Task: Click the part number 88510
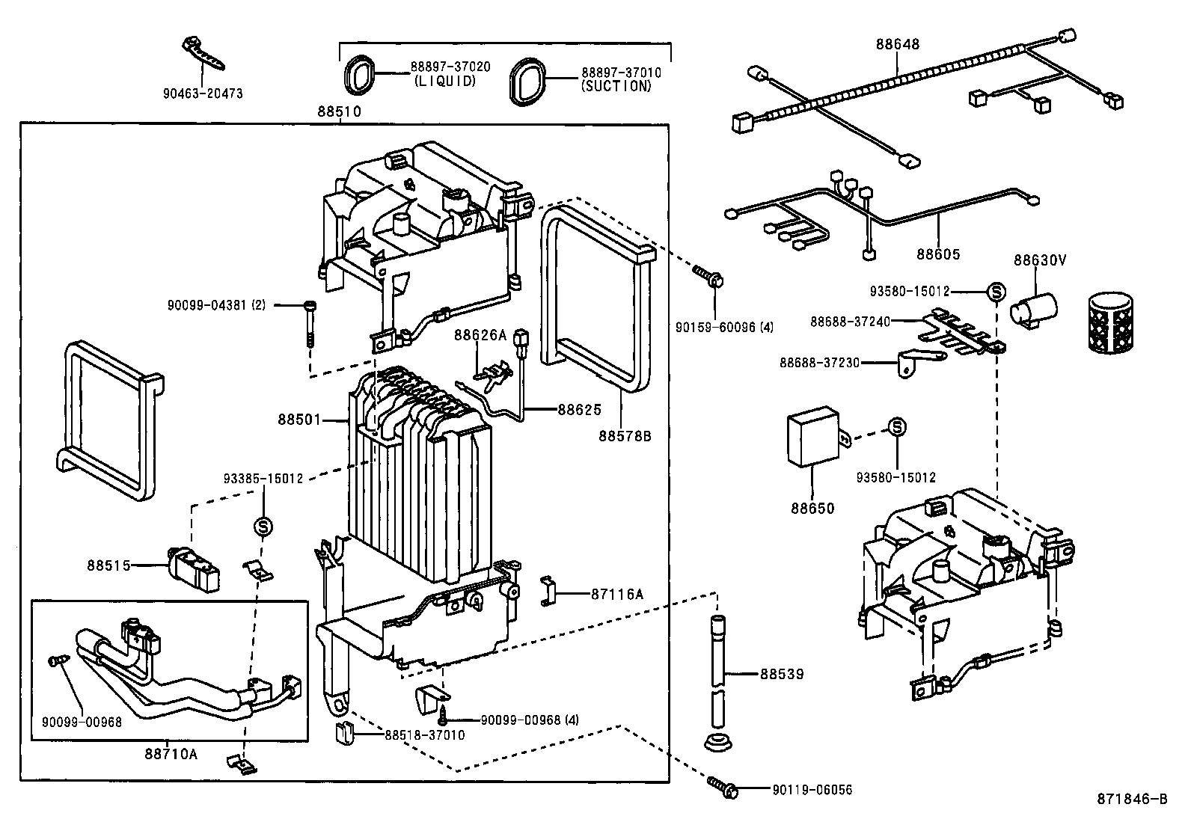[339, 112]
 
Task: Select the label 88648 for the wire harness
[897, 44]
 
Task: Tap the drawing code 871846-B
[1131, 799]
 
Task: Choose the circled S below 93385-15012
[263, 527]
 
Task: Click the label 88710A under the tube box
[171, 754]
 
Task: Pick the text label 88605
[938, 254]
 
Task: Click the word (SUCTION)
[616, 86]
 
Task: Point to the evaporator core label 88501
[299, 420]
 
